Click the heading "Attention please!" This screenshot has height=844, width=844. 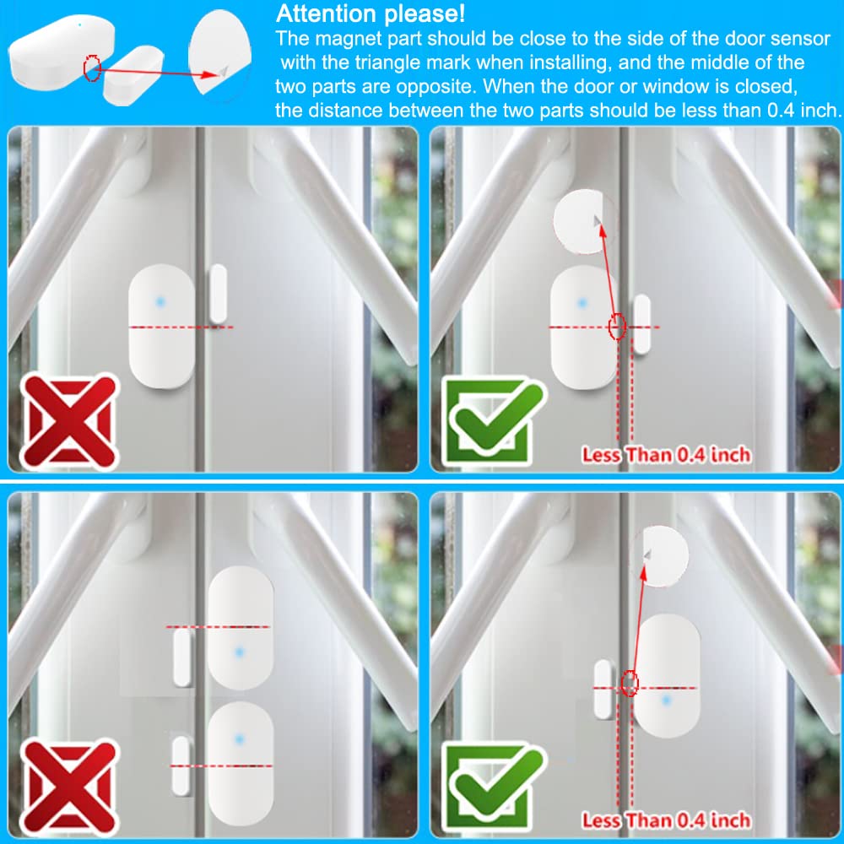tap(371, 14)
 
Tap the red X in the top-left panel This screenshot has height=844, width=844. tap(70, 421)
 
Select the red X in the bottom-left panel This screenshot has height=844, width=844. tap(70, 787)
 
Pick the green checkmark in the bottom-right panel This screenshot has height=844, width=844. tap(494, 787)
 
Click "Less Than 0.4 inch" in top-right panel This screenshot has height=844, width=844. tap(667, 455)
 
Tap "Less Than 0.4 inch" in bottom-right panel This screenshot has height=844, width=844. tap(667, 820)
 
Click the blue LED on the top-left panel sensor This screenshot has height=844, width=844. tap(160, 302)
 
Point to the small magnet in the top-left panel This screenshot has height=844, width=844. tap(218, 294)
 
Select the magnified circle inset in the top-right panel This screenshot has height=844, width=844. tap(583, 221)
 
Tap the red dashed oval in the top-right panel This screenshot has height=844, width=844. tap(618, 326)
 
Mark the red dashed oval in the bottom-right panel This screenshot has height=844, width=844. tap(630, 684)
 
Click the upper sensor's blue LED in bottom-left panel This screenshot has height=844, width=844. tap(240, 652)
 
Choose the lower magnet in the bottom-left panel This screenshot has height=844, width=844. tap(181, 766)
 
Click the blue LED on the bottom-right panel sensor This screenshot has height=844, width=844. tap(667, 701)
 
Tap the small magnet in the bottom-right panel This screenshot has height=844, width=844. tap(603, 689)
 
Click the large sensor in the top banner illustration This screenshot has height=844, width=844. tap(61, 51)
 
